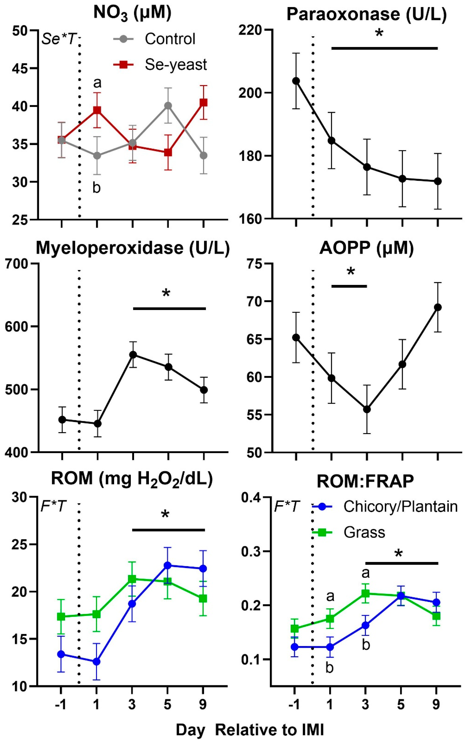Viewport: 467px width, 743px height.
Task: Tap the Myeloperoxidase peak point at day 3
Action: (x=133, y=355)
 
